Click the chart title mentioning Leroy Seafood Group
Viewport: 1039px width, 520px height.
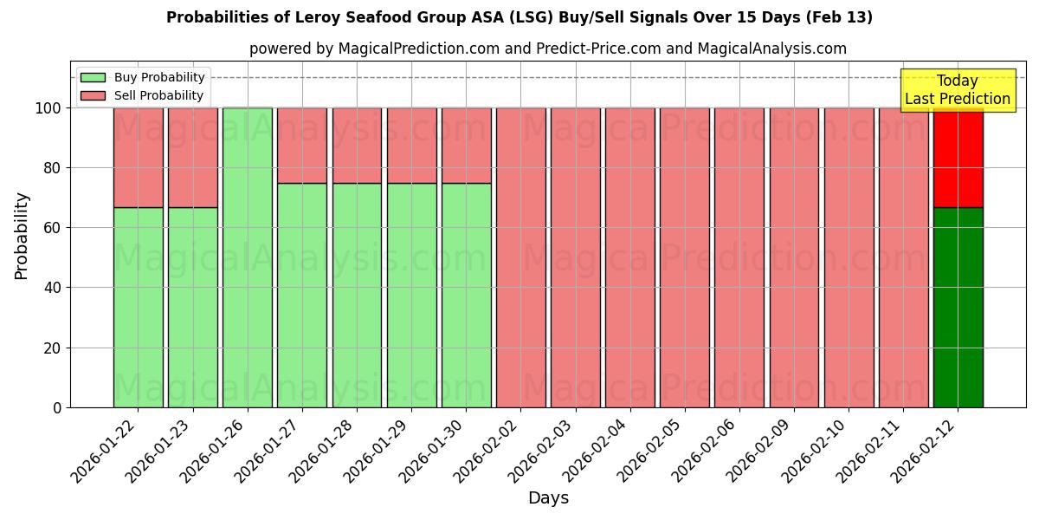point(519,17)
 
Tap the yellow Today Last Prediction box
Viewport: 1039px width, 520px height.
point(957,90)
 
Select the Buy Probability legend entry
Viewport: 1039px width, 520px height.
point(143,77)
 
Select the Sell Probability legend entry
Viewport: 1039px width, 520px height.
point(143,95)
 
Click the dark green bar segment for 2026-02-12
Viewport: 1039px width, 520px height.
point(958,307)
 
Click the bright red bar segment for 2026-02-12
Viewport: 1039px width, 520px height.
point(958,158)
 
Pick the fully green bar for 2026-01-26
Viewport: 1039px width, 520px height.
point(248,257)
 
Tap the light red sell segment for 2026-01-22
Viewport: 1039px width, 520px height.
point(139,158)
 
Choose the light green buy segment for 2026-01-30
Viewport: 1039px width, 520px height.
point(466,295)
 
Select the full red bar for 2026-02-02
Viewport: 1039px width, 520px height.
point(520,257)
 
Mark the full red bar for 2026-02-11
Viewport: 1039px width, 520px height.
point(903,257)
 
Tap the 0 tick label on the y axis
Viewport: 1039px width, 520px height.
point(56,407)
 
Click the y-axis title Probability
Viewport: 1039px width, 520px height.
point(23,235)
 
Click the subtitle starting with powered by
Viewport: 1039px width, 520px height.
point(547,49)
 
